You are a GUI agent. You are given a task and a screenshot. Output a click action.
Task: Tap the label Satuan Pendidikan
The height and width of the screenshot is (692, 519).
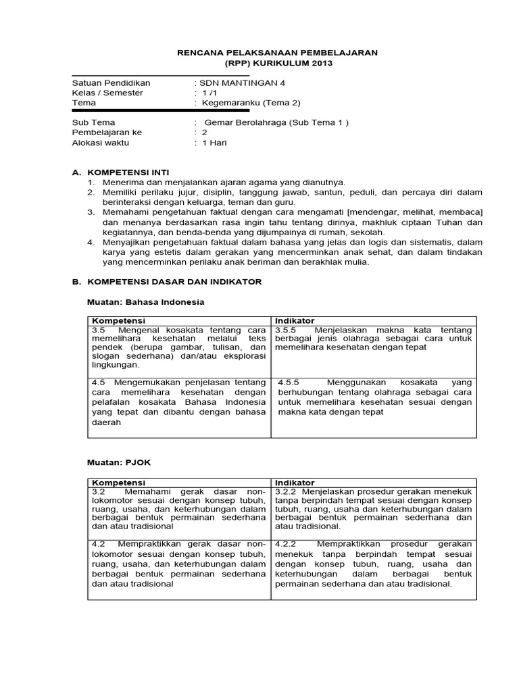tap(111, 82)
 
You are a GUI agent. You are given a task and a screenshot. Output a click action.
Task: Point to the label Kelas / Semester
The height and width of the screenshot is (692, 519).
tap(107, 93)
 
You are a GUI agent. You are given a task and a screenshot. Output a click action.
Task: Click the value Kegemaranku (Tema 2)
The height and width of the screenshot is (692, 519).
tap(249, 103)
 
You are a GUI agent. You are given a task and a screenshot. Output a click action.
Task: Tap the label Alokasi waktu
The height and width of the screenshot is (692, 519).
tap(100, 143)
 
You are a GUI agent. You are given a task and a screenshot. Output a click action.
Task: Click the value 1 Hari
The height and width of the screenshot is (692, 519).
tap(215, 143)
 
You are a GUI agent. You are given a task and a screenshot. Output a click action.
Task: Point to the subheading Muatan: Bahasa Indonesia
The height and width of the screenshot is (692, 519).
tap(146, 301)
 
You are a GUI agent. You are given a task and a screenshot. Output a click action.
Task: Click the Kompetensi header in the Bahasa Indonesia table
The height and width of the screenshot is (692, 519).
tap(118, 320)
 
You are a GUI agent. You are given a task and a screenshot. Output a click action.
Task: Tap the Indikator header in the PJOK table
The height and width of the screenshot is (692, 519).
tap(295, 482)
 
